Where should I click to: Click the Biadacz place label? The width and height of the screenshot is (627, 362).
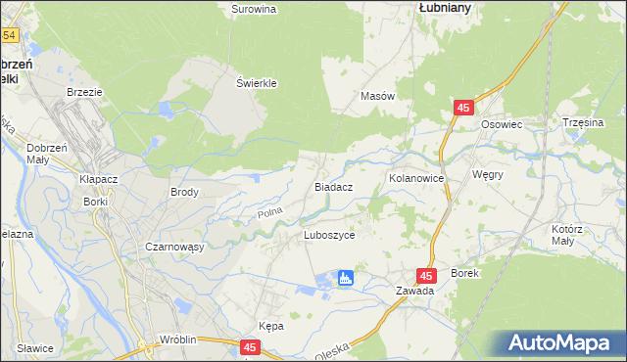pos(333,185)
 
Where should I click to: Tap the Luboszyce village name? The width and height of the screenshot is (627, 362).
pos(335,236)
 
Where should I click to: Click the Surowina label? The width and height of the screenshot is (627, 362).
pos(254,9)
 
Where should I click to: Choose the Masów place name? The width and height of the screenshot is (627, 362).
pos(377,97)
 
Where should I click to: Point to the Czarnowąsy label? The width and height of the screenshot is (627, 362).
pos(173,247)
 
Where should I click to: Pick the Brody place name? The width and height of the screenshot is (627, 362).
pos(184,193)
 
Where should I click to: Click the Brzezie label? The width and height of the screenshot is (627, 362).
pos(84,91)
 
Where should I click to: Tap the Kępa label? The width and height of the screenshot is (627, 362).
pos(271,326)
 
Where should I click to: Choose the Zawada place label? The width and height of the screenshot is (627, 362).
pos(414,292)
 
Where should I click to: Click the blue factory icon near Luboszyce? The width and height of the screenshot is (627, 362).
pos(345,279)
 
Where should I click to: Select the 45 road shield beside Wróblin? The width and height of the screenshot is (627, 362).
pos(250,347)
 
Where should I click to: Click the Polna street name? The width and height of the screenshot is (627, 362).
pos(269,211)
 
